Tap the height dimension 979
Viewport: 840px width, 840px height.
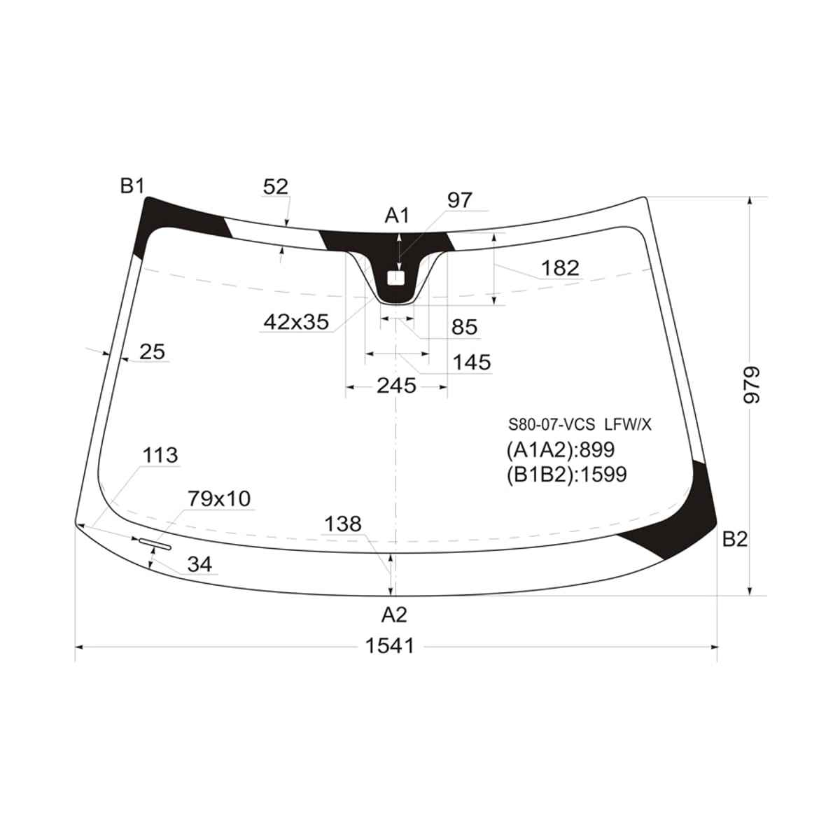coord(752,385)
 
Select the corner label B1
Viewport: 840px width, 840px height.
coord(132,187)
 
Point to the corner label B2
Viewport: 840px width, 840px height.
coord(735,540)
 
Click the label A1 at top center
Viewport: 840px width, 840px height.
coord(397,216)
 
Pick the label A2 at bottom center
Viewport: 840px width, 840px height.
coord(394,615)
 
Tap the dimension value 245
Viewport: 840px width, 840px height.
coord(397,386)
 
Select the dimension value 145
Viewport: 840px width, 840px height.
coord(472,362)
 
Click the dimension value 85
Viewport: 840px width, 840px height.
coord(465,327)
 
